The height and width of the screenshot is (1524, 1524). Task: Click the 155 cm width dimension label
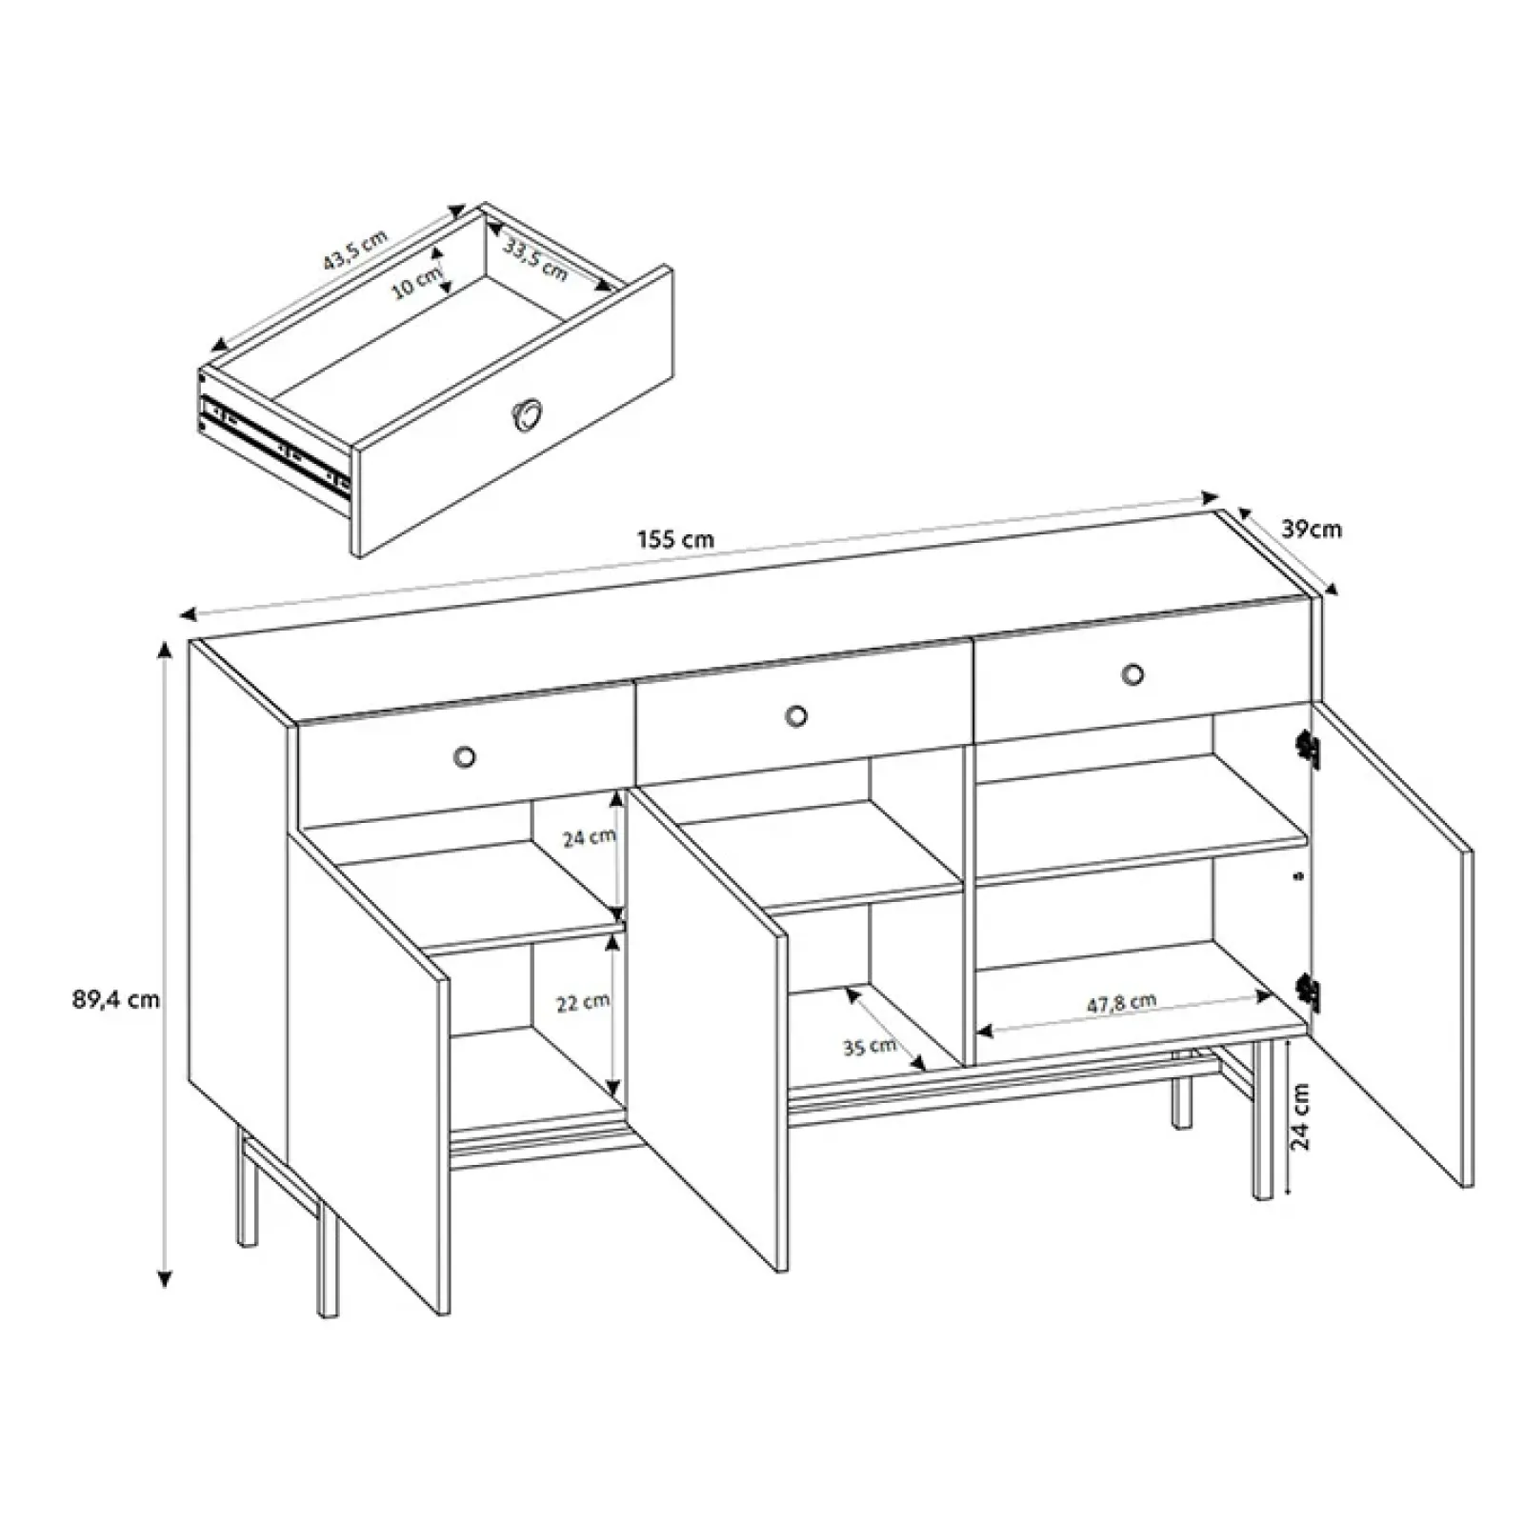[x=675, y=540]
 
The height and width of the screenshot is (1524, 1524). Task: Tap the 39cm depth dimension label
[x=1311, y=530]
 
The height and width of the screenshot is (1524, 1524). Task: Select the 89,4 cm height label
[x=114, y=1000]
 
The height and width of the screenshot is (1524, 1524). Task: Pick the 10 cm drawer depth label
[x=420, y=281]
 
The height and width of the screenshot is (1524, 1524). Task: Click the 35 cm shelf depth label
[x=870, y=1047]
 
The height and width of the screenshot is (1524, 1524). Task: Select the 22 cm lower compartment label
[x=583, y=1003]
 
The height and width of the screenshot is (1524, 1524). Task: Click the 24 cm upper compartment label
[x=589, y=838]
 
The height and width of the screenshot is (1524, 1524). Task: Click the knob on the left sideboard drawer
[x=464, y=756]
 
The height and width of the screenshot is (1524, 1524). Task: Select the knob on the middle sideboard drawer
[x=796, y=715]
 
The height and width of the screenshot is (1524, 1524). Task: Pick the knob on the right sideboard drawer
[x=1133, y=674]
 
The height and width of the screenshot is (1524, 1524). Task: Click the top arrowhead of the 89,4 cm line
[x=166, y=650]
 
